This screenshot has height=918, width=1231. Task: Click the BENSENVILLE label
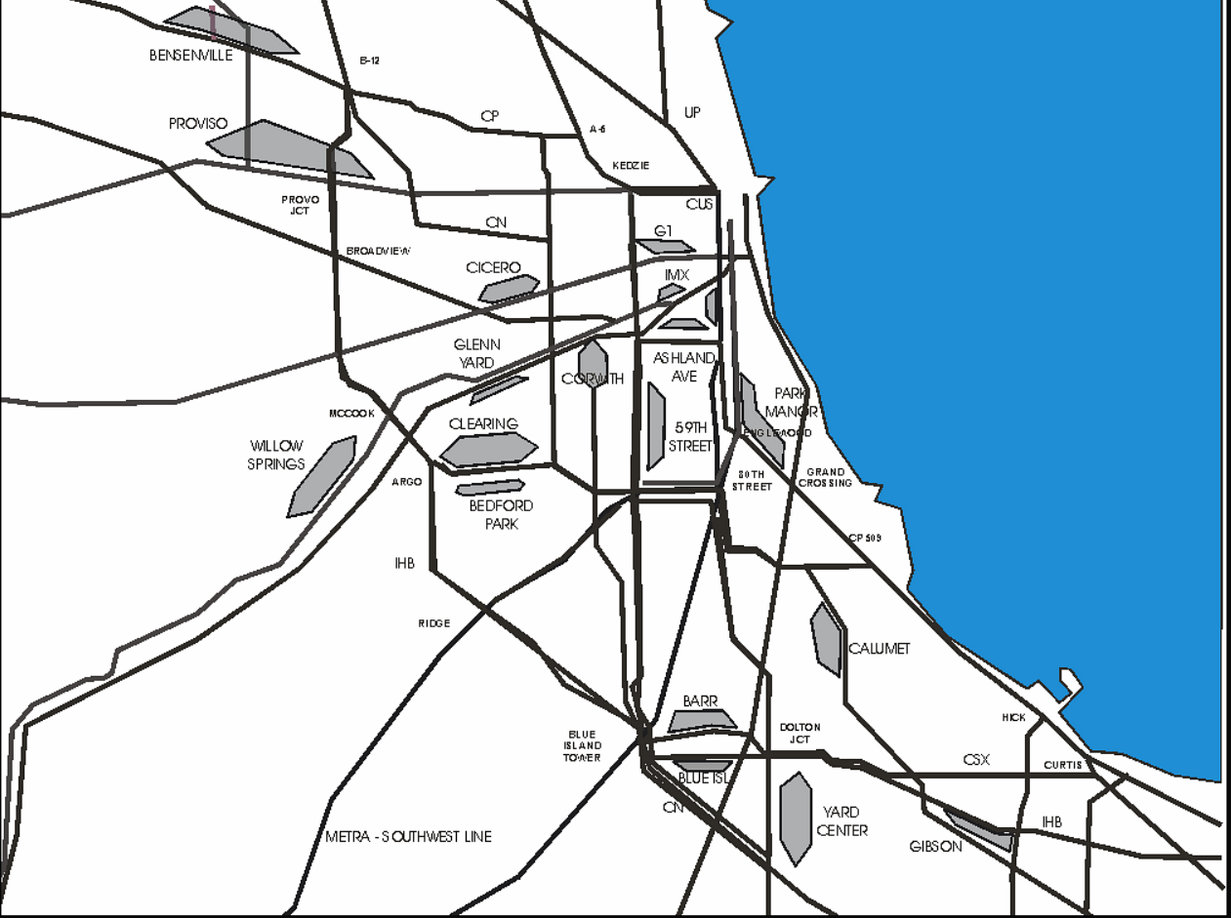(x=191, y=56)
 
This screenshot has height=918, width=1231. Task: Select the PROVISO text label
(x=198, y=124)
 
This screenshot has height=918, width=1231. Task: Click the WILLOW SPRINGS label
(x=276, y=455)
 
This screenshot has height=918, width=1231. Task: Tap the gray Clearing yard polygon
(x=489, y=449)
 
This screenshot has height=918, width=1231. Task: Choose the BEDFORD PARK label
(x=501, y=515)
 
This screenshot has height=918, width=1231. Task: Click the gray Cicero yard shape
(x=509, y=288)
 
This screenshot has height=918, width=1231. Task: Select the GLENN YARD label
(x=476, y=353)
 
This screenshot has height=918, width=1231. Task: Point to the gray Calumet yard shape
(x=827, y=639)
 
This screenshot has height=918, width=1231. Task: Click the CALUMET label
(x=879, y=649)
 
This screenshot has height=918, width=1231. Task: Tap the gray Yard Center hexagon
(x=797, y=818)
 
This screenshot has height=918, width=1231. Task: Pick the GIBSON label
(x=935, y=847)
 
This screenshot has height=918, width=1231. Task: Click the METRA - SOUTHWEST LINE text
(x=408, y=837)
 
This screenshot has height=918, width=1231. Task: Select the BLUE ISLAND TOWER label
(x=582, y=746)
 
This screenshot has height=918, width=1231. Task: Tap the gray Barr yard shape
(x=701, y=721)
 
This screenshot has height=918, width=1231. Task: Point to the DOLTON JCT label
(x=800, y=733)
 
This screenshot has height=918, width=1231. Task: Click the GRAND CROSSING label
(x=825, y=477)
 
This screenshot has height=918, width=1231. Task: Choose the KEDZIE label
(x=631, y=166)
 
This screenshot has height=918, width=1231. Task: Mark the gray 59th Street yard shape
(x=655, y=425)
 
